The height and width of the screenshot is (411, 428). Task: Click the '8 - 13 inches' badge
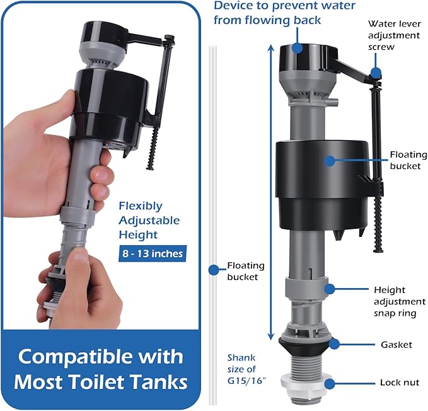coord(151,253)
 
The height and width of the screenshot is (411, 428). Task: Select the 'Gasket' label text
coord(396,344)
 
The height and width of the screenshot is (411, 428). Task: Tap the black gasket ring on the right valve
coord(306,344)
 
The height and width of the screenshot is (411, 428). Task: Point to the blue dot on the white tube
coord(214,270)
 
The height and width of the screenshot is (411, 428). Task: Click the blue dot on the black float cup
coord(328,161)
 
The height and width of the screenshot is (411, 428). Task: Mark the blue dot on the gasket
coord(334,344)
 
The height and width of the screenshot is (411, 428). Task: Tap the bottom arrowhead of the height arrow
coord(270,337)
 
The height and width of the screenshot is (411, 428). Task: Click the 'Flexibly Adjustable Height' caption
coord(149,220)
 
